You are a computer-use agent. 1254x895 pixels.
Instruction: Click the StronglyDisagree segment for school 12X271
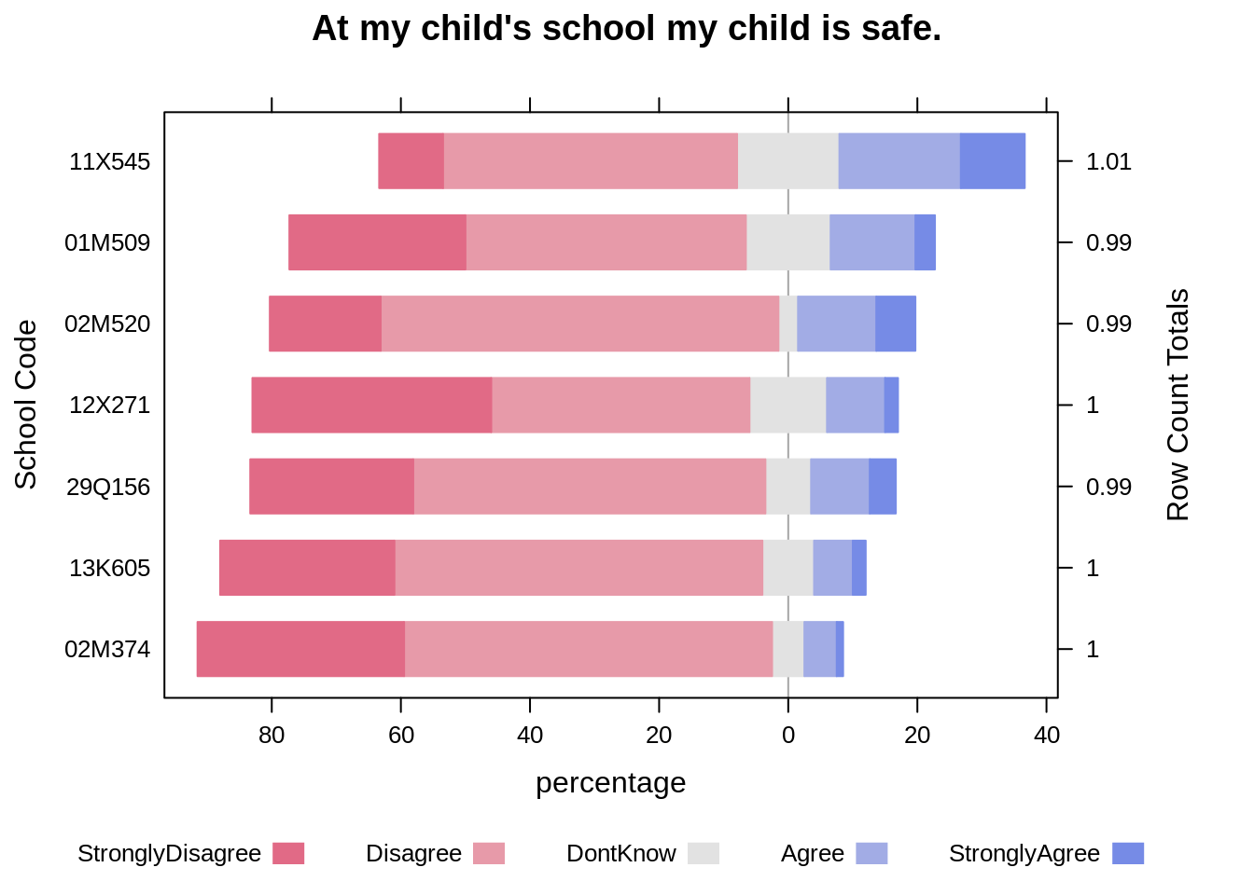371,405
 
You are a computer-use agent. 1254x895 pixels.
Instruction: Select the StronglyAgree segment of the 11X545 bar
992,161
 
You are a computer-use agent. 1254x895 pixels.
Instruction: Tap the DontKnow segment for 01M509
787,242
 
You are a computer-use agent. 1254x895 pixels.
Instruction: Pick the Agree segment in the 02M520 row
836,324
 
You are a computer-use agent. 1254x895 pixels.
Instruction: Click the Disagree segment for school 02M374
589,649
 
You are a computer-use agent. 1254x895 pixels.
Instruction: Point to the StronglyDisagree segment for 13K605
307,568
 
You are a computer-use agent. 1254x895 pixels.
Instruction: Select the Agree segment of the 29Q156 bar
839,487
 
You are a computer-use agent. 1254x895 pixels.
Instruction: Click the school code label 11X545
109,162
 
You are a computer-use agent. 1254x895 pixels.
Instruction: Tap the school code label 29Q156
108,488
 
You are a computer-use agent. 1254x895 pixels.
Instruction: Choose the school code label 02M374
107,650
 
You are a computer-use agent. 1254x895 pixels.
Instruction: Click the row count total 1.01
1108,162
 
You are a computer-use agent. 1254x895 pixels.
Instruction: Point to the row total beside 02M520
1108,324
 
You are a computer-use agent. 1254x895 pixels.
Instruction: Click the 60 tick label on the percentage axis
401,736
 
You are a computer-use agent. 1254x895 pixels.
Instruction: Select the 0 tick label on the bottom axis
788,736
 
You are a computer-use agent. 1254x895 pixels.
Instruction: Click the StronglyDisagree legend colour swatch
288,853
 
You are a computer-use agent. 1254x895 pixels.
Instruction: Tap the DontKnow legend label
620,854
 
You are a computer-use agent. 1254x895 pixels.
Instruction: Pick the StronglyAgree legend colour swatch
1128,853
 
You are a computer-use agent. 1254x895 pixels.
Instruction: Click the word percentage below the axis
610,782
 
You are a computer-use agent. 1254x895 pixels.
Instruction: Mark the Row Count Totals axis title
1177,405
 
